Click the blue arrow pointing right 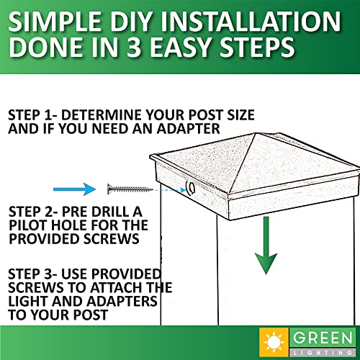[74, 189]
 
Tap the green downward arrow [266, 245]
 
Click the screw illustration [130, 189]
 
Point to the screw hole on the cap [191, 187]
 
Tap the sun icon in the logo [274, 342]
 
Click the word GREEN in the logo [323, 338]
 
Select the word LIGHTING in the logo [323, 353]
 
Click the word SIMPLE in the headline [55, 21]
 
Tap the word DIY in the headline [132, 21]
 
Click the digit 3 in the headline [134, 47]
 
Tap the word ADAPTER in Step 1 [188, 129]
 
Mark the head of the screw [110, 189]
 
